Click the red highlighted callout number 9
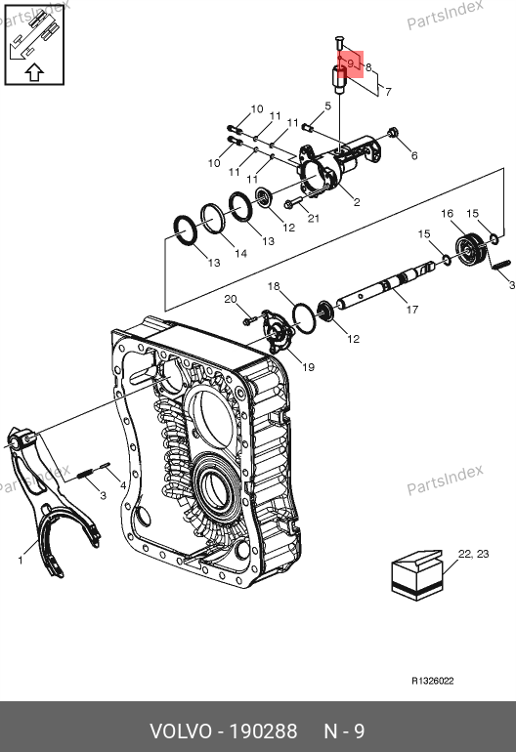(351, 63)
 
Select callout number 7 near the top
(388, 91)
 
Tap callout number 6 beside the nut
(414, 155)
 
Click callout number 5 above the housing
(327, 106)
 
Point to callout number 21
(314, 218)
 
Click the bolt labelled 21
(293, 203)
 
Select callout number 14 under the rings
(241, 253)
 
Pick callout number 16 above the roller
(447, 214)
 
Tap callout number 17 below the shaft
(411, 310)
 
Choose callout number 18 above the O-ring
(274, 286)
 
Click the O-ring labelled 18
(304, 318)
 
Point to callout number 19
(308, 367)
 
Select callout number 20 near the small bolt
(231, 299)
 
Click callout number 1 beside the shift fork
(21, 560)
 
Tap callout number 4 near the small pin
(123, 484)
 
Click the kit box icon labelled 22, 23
(417, 575)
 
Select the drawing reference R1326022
(433, 681)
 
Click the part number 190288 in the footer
(264, 731)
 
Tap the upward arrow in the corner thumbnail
(34, 73)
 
